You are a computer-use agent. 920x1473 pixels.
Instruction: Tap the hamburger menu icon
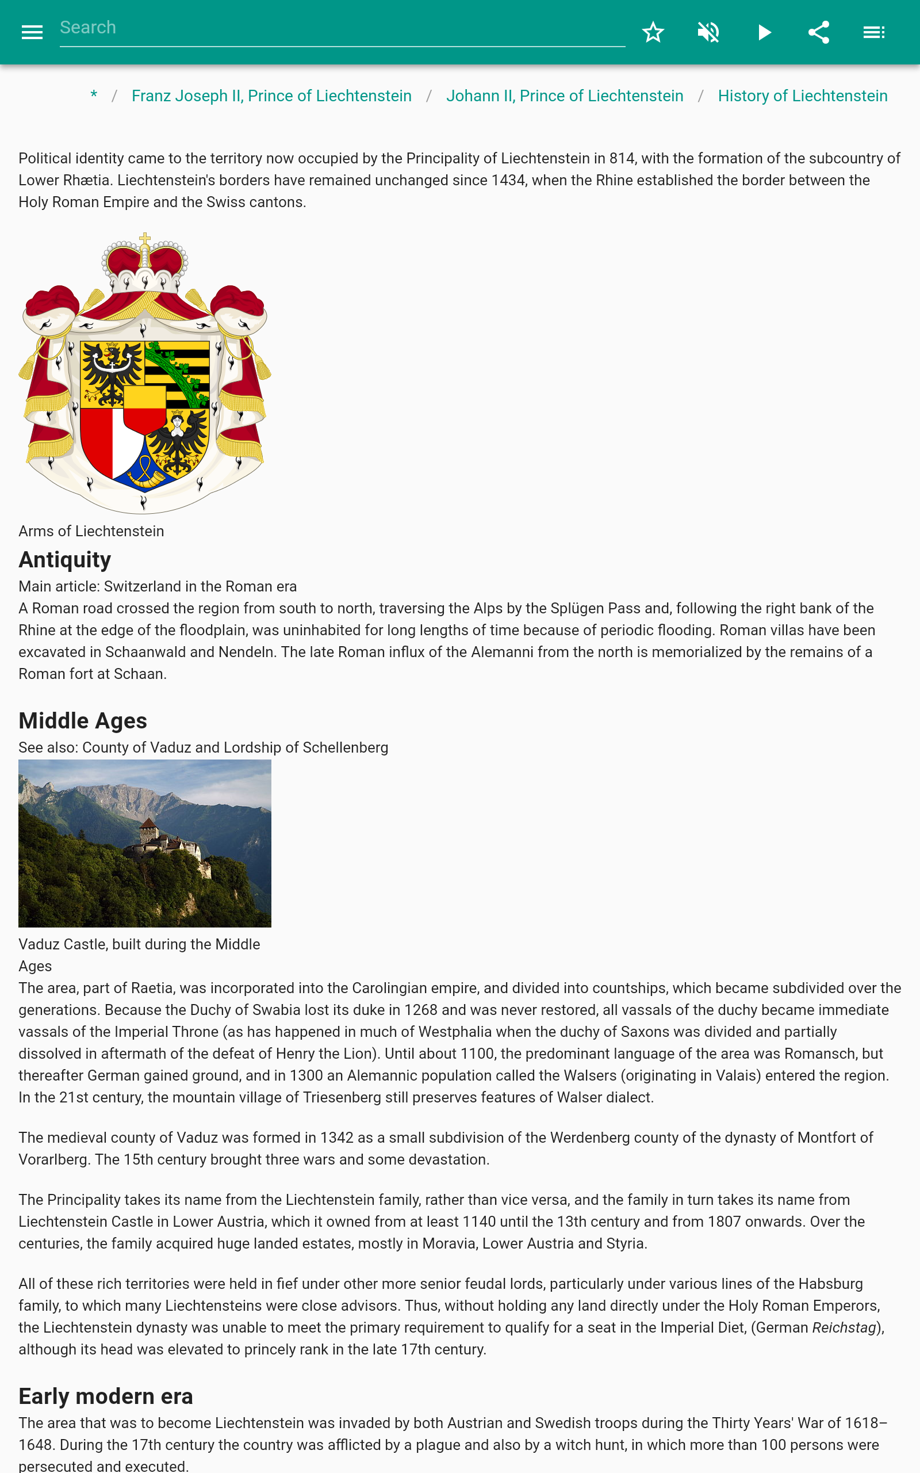click(x=32, y=32)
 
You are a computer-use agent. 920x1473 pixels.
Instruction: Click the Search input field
click(x=342, y=28)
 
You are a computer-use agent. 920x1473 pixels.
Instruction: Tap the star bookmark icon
click(x=653, y=32)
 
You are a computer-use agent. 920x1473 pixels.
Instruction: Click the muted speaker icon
click(x=708, y=32)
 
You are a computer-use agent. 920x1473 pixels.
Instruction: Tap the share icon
click(x=818, y=32)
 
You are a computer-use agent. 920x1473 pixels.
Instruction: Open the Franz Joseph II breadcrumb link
click(x=271, y=96)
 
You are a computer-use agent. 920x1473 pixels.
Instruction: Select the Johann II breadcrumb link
click(x=564, y=96)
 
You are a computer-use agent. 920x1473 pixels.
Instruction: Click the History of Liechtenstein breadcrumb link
click(x=802, y=96)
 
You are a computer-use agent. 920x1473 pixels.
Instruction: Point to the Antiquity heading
click(x=64, y=559)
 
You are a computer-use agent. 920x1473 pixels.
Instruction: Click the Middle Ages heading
click(x=83, y=720)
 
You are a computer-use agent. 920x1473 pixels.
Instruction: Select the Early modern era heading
click(x=105, y=1396)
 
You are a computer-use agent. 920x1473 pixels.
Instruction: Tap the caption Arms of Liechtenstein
click(x=91, y=532)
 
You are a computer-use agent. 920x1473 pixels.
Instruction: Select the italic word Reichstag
click(x=844, y=1327)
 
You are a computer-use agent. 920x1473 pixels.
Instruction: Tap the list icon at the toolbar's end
click(x=874, y=32)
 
